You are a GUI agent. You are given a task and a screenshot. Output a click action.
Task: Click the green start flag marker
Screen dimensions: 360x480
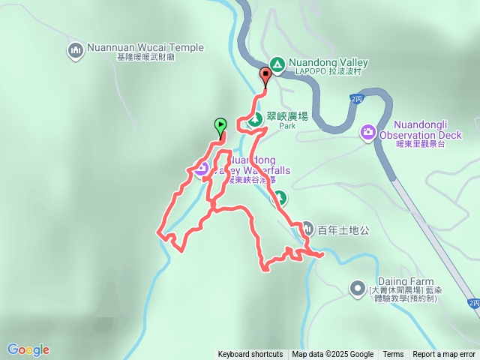(220, 125)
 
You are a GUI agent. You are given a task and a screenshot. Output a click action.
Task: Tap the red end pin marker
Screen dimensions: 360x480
(265, 75)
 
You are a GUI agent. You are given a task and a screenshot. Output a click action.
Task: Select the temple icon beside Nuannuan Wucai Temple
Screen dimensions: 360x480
(75, 50)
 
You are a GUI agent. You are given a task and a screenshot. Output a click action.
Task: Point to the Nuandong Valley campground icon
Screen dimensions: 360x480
(277, 64)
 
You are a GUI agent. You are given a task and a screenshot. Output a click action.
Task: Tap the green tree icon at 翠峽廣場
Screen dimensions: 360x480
(255, 118)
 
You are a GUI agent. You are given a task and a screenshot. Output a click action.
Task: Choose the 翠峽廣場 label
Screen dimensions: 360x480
(287, 116)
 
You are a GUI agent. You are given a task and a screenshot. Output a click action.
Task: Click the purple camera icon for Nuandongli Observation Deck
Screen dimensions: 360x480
(368, 133)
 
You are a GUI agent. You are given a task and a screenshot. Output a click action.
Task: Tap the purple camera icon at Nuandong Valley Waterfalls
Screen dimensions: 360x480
(201, 169)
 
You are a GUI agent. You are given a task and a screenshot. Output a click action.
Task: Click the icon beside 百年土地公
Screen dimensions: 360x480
(308, 229)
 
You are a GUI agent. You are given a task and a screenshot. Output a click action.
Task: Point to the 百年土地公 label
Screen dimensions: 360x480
(344, 229)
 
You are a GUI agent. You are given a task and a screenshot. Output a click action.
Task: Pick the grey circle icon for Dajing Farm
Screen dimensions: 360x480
(358, 287)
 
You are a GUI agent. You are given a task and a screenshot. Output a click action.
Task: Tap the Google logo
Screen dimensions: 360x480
(28, 349)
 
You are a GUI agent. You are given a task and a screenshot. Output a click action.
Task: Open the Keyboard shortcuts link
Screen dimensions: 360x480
(250, 355)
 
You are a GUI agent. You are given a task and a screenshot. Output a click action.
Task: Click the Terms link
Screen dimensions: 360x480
(393, 355)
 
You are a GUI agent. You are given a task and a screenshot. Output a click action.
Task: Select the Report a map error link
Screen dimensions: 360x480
(444, 355)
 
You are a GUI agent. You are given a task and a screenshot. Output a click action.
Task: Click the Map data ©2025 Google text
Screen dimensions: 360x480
(333, 355)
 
